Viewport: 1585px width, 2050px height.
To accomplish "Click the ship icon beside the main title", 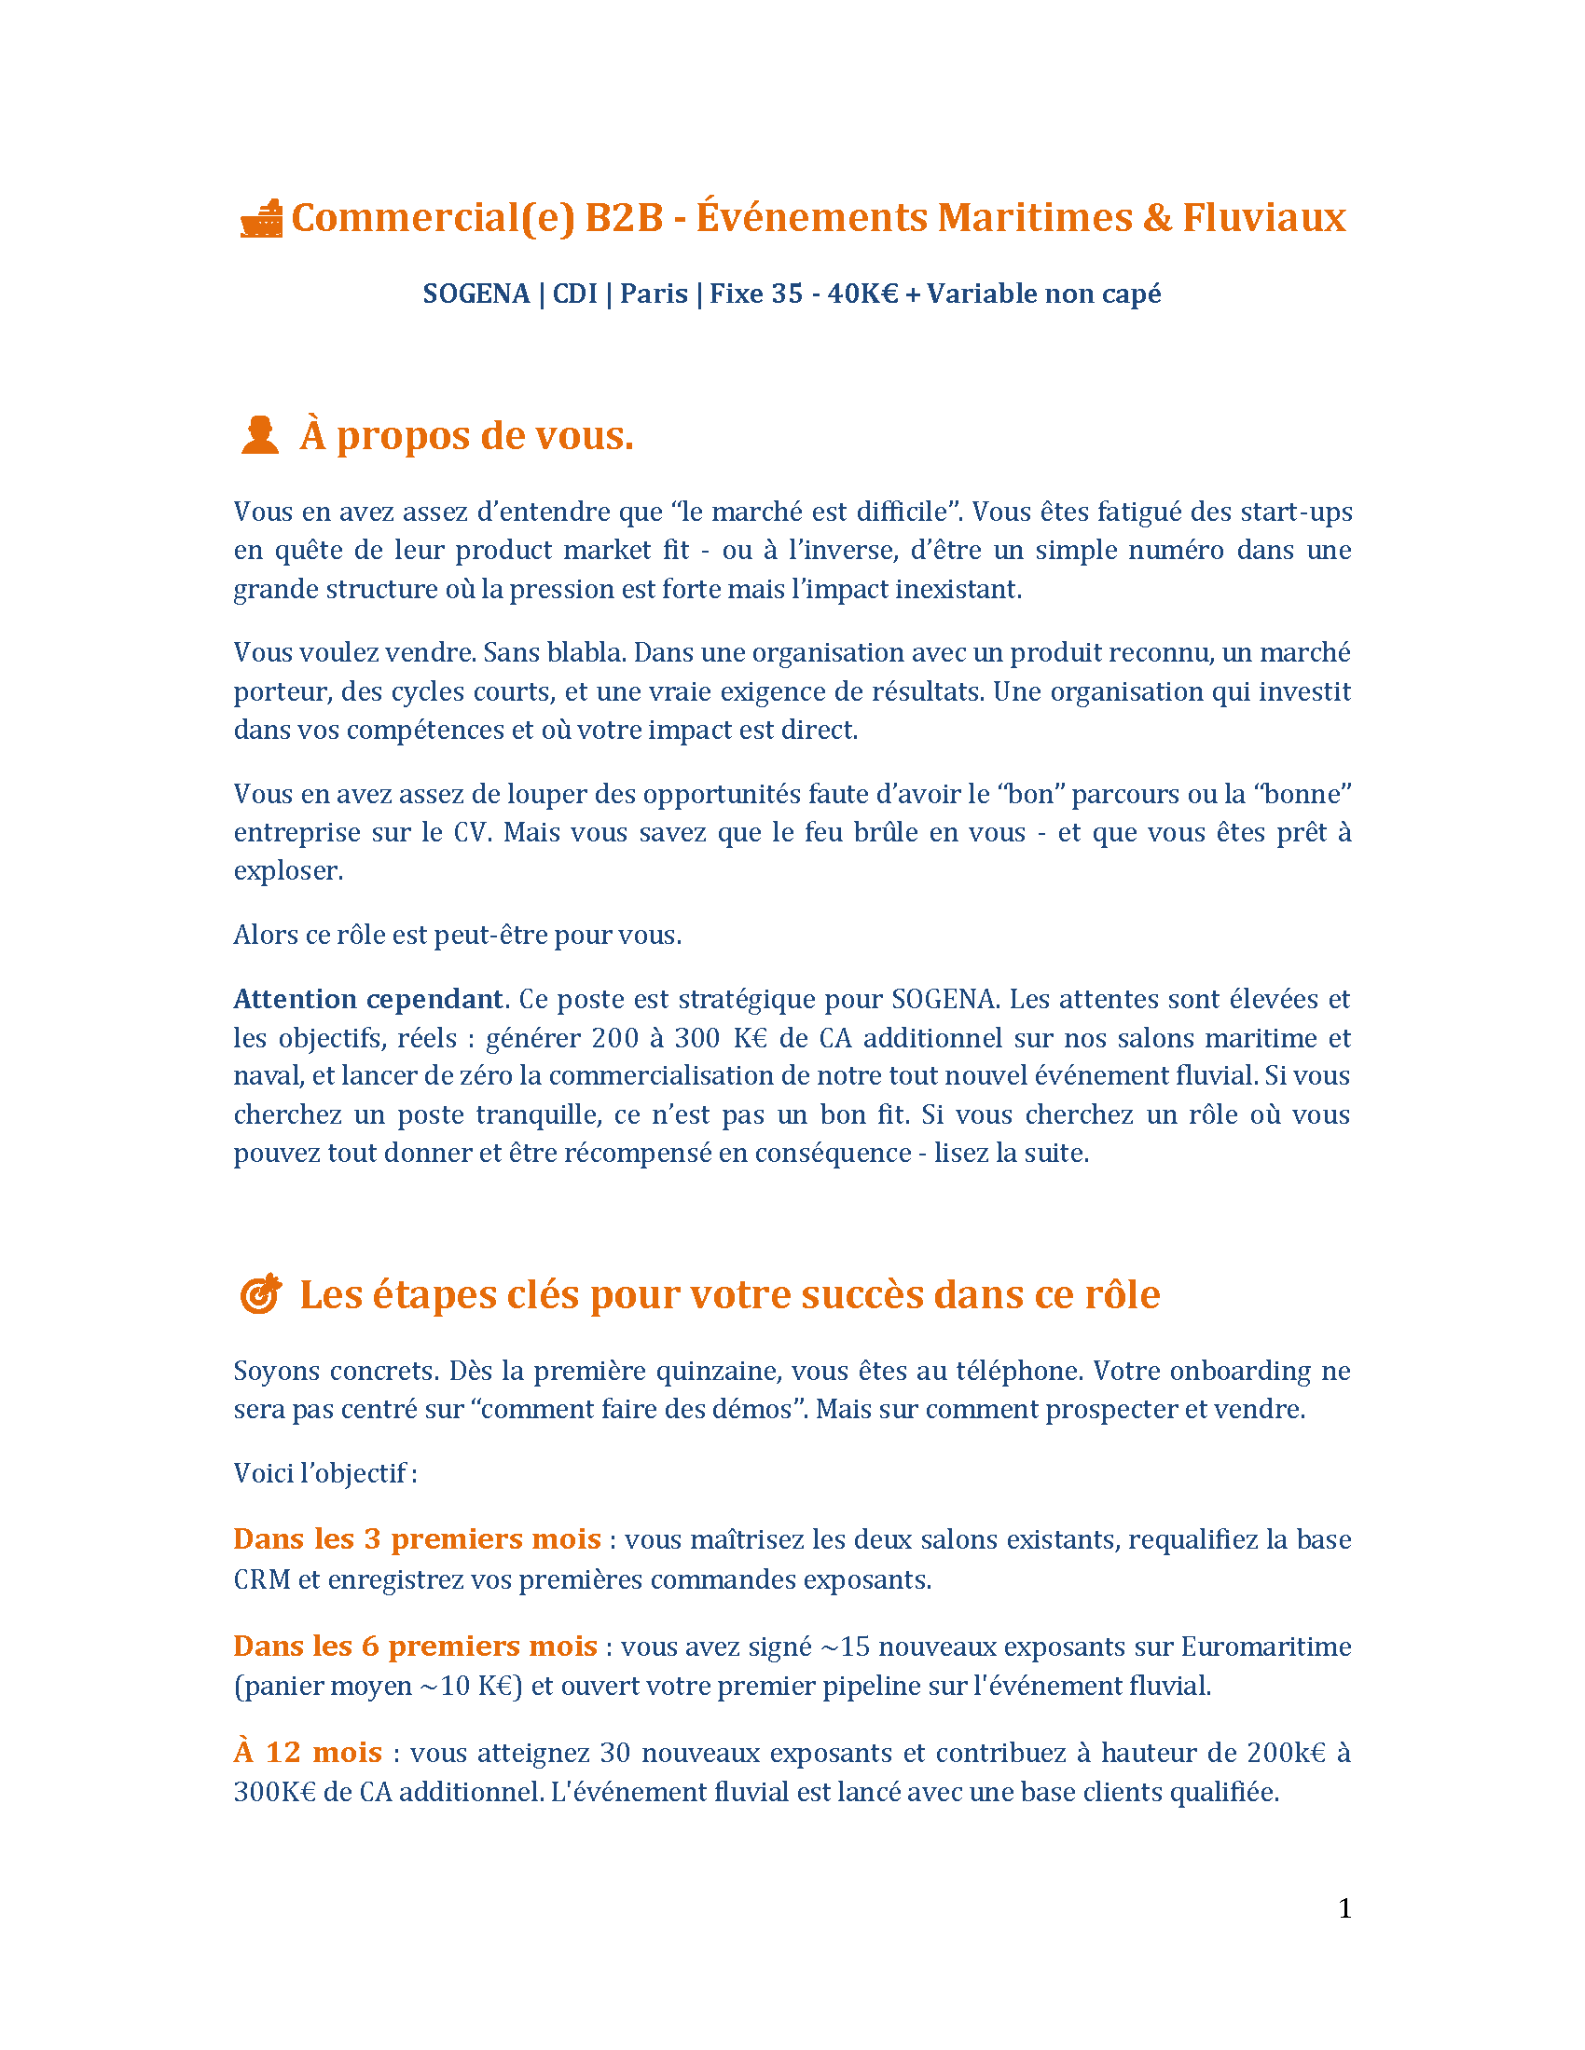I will pos(261,219).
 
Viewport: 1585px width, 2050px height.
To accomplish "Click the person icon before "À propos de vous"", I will pos(260,435).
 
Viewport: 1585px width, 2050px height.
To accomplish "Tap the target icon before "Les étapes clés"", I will pos(261,1293).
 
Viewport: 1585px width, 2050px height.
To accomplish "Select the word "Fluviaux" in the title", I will pos(1263,218).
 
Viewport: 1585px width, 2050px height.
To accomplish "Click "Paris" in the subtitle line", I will pos(654,294).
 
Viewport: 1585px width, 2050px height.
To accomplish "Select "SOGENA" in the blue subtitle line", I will pos(476,294).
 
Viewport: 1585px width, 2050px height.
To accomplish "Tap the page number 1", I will pos(1344,1908).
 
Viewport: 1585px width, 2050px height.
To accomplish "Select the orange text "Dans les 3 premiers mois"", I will pos(417,1539).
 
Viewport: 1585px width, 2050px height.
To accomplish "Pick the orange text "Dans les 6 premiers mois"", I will pos(415,1647).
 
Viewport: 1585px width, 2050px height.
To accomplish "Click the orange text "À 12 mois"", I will pos(308,1753).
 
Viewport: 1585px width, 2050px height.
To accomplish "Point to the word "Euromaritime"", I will pos(1265,1647).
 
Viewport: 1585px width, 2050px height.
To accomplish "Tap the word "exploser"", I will pos(287,871).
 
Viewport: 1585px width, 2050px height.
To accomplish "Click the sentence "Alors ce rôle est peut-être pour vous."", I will pos(457,935).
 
